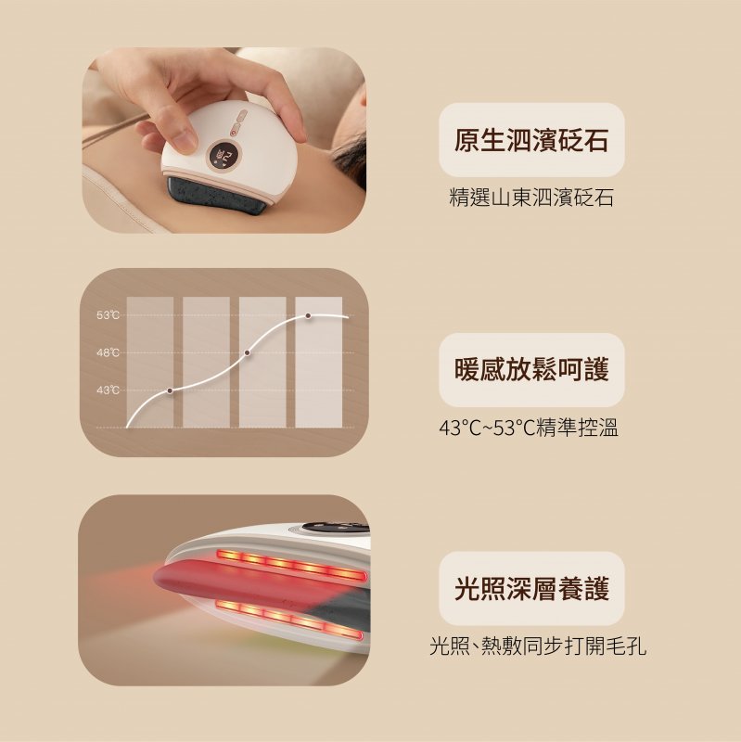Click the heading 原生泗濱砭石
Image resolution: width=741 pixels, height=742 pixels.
[530, 140]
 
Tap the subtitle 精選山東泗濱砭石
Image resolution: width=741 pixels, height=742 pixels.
[530, 198]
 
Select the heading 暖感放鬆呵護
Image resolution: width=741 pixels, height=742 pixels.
[530, 369]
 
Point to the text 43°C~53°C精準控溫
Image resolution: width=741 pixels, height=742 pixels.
[529, 429]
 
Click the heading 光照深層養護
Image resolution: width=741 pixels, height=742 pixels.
[530, 588]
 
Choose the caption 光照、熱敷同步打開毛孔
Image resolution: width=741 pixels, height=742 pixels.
[538, 646]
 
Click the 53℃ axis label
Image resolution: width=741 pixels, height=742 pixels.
[108, 315]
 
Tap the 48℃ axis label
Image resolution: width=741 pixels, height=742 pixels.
[108, 352]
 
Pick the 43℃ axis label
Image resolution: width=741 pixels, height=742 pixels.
[108, 390]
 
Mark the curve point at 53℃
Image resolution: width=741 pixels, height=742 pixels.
[308, 315]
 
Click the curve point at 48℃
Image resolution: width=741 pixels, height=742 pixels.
[247, 352]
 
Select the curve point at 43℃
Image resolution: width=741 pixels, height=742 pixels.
[170, 390]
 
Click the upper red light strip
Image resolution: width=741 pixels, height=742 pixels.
[291, 565]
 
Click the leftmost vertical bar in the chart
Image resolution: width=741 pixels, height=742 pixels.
[150, 362]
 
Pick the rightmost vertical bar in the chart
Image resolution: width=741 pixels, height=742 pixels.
[318, 362]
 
